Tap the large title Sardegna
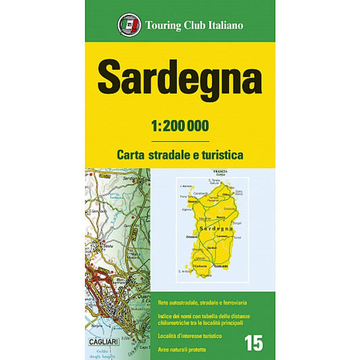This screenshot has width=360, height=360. [x=180, y=79]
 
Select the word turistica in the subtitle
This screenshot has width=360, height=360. [x=216, y=154]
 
